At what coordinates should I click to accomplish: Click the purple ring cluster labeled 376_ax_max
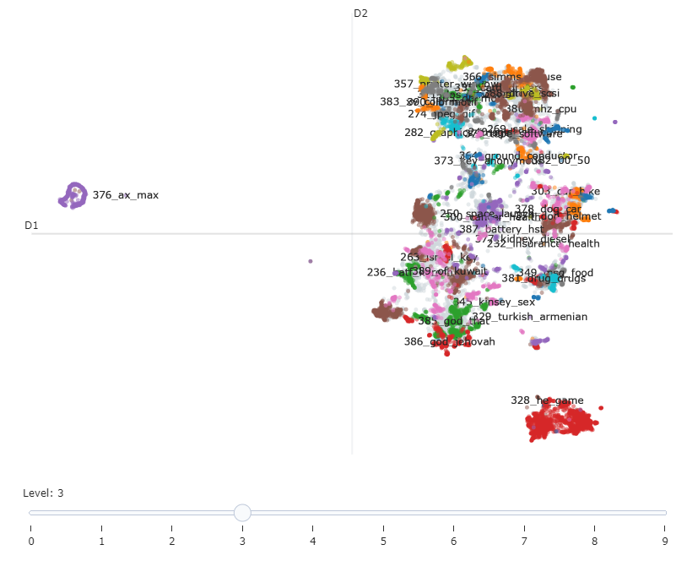pos(73,195)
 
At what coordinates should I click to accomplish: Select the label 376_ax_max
pos(126,195)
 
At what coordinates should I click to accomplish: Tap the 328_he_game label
pos(547,400)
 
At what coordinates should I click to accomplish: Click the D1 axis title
pos(31,226)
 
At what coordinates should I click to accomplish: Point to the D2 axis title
pos(360,14)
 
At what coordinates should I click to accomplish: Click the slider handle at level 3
pos(242,512)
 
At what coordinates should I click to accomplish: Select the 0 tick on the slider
pos(30,541)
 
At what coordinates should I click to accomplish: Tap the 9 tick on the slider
pos(665,541)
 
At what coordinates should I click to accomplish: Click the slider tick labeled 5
pos(383,541)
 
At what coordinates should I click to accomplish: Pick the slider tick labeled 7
pos(524,541)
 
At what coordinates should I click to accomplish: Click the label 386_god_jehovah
pos(449,341)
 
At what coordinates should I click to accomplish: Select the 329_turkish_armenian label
pos(529,317)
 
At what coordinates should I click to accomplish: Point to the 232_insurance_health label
pos(543,243)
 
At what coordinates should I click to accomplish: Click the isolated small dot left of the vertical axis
pos(311,261)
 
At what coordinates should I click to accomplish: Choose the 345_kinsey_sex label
pos(494,302)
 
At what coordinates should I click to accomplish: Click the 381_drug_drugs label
pos(544,278)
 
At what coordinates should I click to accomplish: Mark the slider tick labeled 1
pos(101,541)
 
